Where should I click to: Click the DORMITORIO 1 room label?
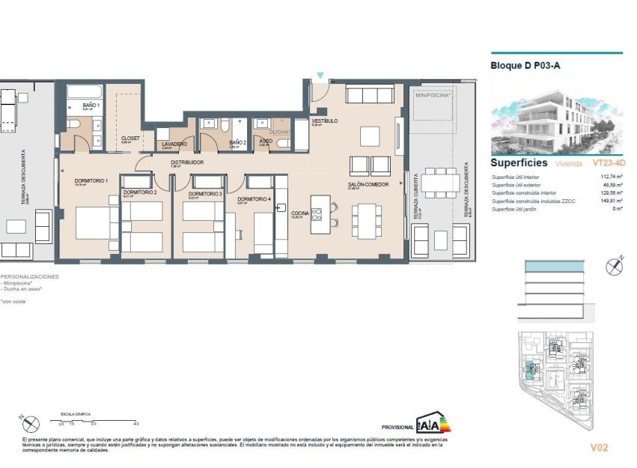[x=91, y=180]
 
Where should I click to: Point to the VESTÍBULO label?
[x=324, y=121]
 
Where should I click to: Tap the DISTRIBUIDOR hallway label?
[x=187, y=162]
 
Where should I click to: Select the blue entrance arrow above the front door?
[x=320, y=76]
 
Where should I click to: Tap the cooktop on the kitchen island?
[x=317, y=216]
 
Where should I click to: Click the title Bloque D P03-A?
[x=525, y=66]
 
